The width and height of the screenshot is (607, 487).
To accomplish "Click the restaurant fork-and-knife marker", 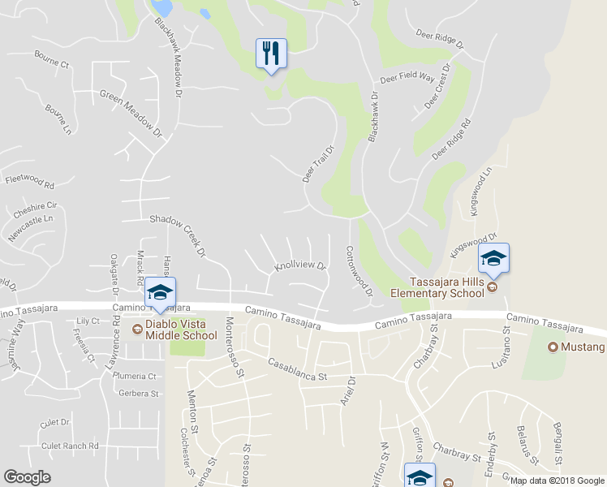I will coord(271,54).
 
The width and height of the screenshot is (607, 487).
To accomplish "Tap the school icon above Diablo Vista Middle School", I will coord(160,293).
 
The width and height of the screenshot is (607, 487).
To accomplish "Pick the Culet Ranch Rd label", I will coord(70,446).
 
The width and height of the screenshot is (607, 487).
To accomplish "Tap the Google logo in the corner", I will coord(27,478).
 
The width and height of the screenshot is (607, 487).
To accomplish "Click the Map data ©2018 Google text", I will coord(557,480).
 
